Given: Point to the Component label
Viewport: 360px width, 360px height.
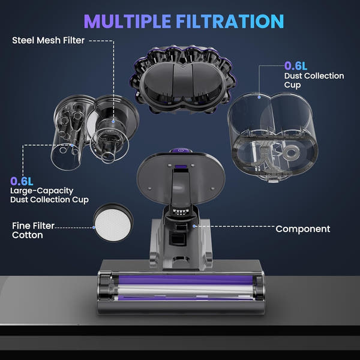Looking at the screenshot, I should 302,229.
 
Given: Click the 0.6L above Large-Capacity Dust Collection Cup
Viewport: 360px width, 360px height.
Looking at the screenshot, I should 22,181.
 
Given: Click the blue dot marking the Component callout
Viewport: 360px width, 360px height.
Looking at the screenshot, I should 196,226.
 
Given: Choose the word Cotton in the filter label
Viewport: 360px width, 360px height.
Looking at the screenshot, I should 28,235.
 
